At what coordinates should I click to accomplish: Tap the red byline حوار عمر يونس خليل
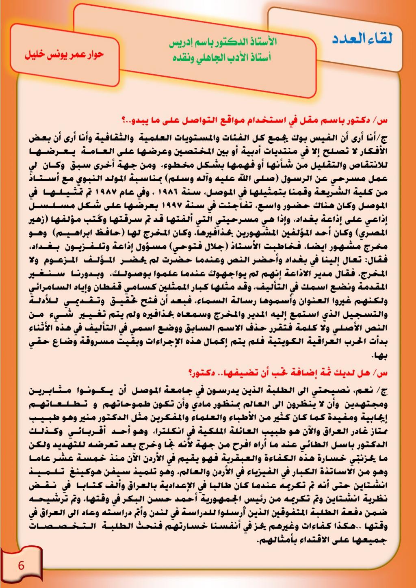coord(65,54)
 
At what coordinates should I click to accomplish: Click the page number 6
coord(21,565)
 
